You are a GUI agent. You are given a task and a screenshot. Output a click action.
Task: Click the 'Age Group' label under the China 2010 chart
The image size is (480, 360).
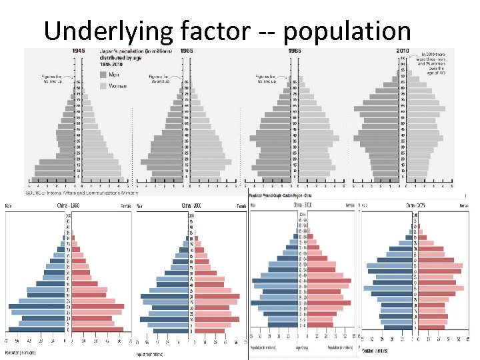pyautogui.click(x=303, y=347)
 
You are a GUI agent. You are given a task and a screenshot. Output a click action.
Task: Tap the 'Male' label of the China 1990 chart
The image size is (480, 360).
pyautogui.click(x=9, y=205)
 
